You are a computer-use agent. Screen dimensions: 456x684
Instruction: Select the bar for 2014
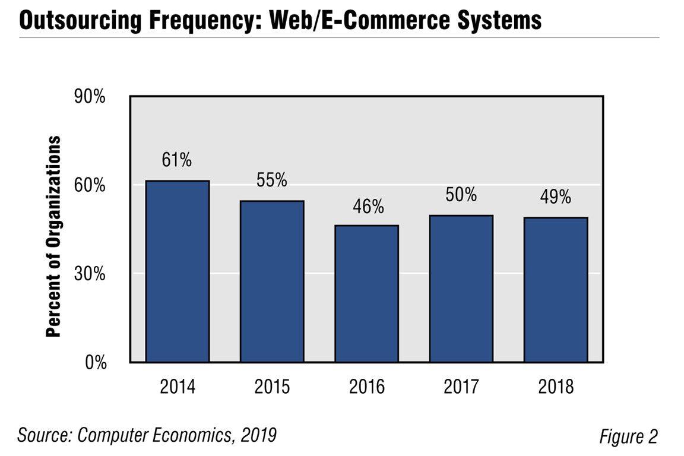coord(178,271)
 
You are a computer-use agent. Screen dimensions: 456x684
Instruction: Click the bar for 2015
coord(272,281)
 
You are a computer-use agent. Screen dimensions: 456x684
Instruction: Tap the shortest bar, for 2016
coord(366,294)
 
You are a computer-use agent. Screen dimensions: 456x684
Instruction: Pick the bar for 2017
coord(461,289)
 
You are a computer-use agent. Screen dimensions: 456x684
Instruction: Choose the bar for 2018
coord(556,290)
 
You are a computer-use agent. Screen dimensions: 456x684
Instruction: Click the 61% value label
coord(177,160)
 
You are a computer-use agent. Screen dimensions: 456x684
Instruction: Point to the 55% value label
coord(271,180)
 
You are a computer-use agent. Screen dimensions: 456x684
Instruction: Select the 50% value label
coord(461,195)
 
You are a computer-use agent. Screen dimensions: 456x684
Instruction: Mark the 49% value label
coord(556,197)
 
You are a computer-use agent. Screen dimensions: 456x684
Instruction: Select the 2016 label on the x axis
coord(366,387)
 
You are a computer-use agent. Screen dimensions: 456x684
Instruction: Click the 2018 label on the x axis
coord(556,387)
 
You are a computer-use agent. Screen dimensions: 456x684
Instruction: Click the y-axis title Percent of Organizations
coord(54,236)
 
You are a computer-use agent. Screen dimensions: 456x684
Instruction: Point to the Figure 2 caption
coord(628,437)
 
